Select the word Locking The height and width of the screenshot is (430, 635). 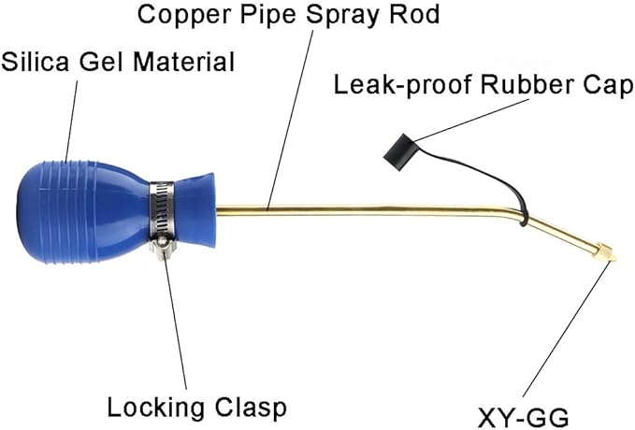(155, 408)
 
